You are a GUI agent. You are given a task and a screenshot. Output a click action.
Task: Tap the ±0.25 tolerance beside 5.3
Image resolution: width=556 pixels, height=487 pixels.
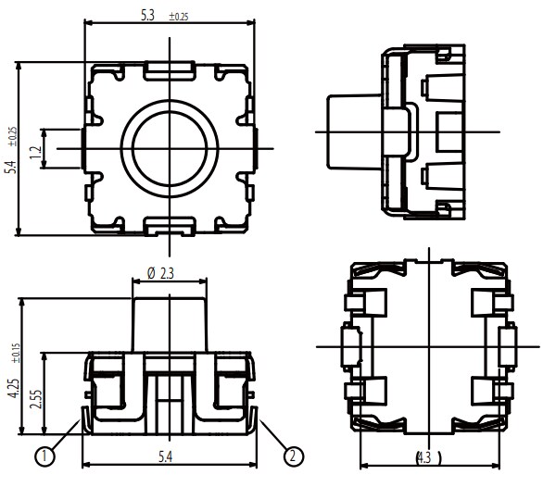point(178,17)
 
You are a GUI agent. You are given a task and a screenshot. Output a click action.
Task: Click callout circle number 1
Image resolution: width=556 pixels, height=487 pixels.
point(43,456)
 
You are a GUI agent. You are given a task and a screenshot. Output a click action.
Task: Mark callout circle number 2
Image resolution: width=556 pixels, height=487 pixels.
point(293,456)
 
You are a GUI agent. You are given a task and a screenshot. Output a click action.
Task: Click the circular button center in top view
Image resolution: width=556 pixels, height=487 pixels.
point(170,148)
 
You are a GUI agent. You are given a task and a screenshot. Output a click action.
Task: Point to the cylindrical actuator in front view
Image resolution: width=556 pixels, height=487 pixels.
point(170,319)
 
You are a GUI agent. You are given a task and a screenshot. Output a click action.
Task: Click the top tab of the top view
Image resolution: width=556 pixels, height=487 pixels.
point(170,67)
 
